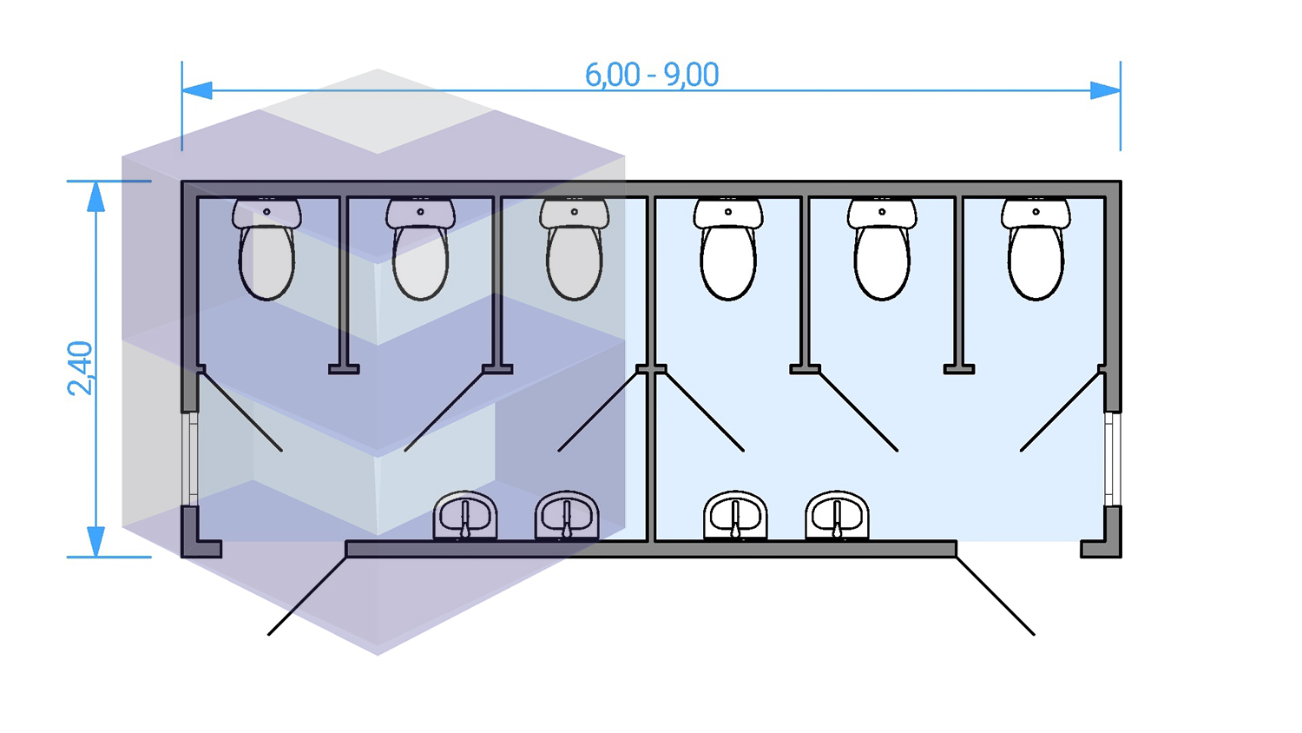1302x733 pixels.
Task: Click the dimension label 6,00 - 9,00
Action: point(651,76)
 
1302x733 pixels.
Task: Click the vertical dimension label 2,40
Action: point(81,368)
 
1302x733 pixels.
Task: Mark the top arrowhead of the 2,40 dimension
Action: point(95,197)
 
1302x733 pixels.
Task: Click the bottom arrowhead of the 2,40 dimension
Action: point(95,541)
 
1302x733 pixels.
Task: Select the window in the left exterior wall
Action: point(190,459)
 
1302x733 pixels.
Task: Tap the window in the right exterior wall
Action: point(1112,459)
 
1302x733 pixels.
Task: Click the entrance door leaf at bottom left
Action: point(307,596)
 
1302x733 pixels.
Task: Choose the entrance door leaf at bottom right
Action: point(996,596)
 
